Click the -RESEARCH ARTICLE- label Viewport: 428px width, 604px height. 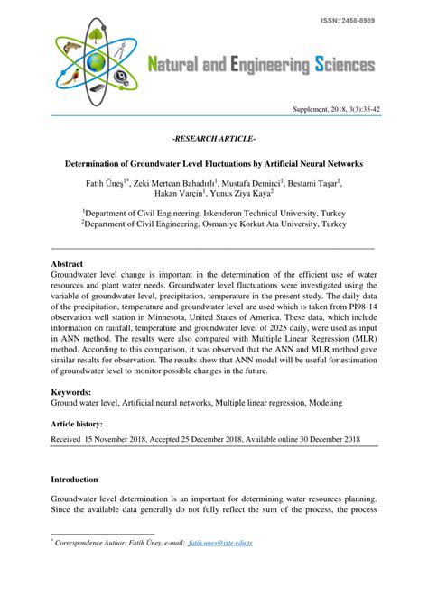214,141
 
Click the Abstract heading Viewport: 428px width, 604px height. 68,264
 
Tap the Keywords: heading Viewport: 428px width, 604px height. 72,393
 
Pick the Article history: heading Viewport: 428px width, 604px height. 77,423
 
